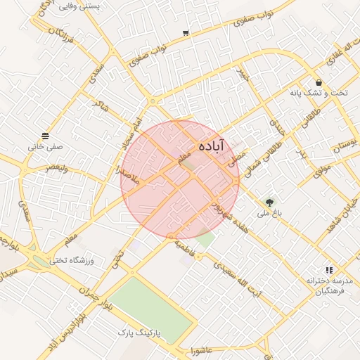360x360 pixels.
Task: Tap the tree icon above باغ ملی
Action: coord(269,203)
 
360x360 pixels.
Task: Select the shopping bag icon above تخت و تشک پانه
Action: coord(319,82)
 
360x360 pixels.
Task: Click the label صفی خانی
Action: coord(46,147)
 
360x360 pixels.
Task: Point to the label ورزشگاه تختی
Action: coord(71,261)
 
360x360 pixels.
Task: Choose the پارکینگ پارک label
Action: coord(140,330)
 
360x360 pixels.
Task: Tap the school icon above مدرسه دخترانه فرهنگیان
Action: coord(328,270)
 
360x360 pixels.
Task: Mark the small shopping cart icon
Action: coord(185,33)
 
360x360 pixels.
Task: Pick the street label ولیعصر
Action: coord(57,167)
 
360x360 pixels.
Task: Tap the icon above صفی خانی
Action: coord(46,136)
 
